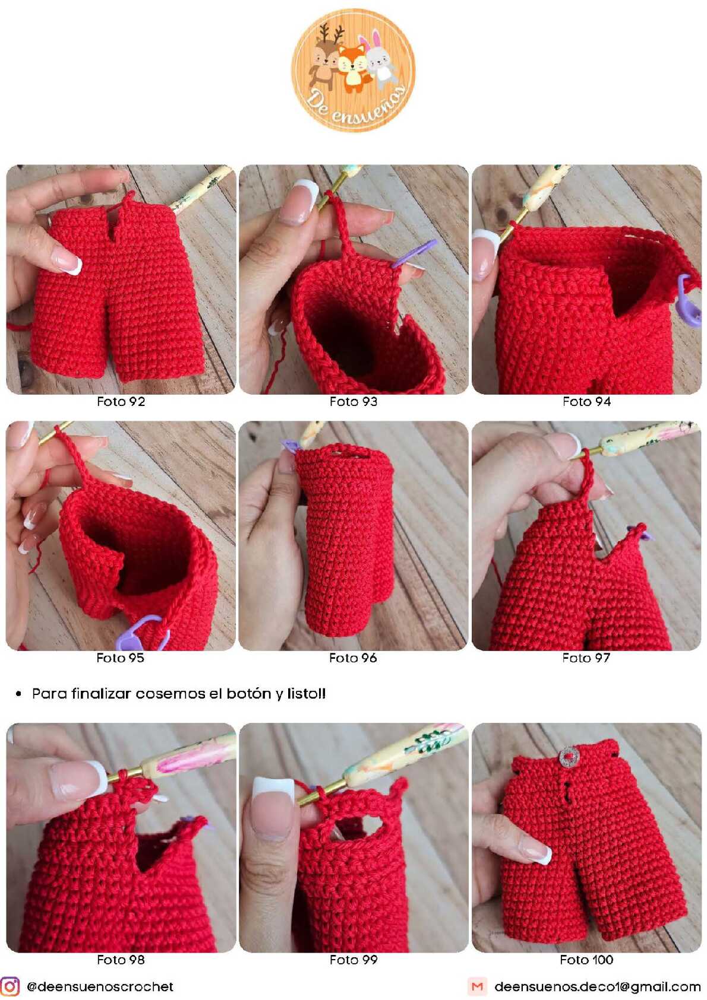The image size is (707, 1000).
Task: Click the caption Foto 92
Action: click(x=121, y=401)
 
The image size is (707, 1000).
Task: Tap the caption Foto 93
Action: click(x=353, y=401)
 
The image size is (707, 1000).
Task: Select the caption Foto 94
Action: click(x=586, y=401)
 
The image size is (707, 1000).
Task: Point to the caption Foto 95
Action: click(x=120, y=658)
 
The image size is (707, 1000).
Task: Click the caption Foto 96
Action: click(x=353, y=658)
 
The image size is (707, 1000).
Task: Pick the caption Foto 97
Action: click(x=586, y=658)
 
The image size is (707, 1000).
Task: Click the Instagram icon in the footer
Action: click(x=10, y=986)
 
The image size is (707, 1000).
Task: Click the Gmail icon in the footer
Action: click(x=477, y=986)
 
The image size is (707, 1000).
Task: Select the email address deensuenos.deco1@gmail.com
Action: click(x=598, y=986)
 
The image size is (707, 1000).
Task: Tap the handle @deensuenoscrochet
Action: click(x=100, y=986)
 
